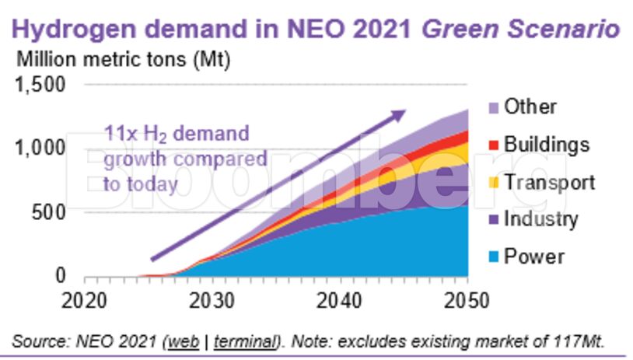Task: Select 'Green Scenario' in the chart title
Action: pyautogui.click(x=520, y=29)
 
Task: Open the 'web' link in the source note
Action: pyautogui.click(x=180, y=341)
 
